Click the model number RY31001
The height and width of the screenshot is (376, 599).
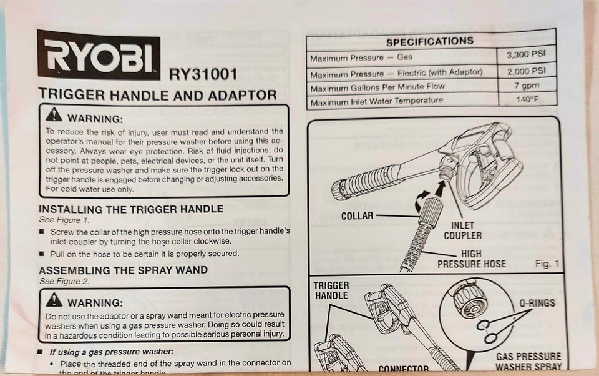click(203, 74)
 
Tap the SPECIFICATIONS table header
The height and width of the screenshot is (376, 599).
click(429, 41)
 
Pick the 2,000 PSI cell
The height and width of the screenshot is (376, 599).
click(526, 71)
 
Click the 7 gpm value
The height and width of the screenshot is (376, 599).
click(527, 86)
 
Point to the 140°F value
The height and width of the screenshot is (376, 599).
click(527, 100)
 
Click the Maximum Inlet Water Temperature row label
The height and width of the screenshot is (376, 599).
click(376, 101)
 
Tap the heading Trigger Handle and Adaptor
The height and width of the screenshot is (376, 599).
click(158, 95)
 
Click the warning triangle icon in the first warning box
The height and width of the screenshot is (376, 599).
click(54, 116)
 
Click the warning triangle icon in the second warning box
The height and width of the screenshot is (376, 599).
click(54, 302)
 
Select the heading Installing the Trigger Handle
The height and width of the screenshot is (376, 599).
click(130, 209)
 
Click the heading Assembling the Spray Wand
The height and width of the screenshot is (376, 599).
click(123, 270)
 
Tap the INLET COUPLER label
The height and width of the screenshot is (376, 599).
click(462, 230)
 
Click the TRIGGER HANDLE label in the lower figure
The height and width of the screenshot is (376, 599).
click(331, 290)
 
